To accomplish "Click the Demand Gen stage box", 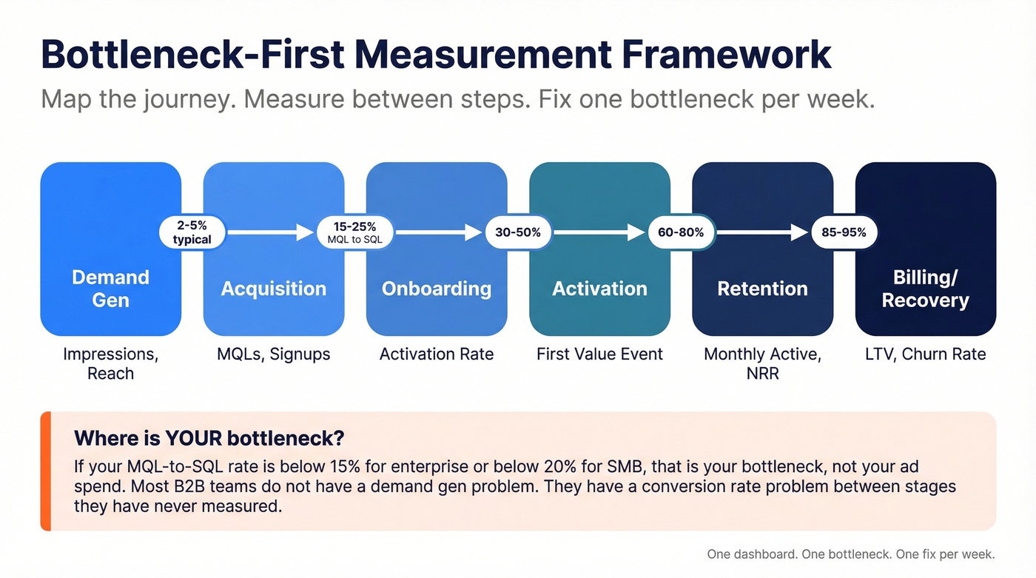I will pyautogui.click(x=111, y=289).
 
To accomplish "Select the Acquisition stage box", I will pyautogui.click(x=274, y=289).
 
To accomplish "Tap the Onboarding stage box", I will pyautogui.click(x=437, y=289).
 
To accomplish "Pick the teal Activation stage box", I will pyautogui.click(x=599, y=289).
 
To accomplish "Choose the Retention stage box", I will pyautogui.click(x=762, y=289).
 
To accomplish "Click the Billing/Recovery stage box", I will pyautogui.click(x=925, y=289).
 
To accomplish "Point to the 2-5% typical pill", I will pyautogui.click(x=192, y=232).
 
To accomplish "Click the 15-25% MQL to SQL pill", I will pyautogui.click(x=355, y=232).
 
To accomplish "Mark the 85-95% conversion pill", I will pyautogui.click(x=844, y=232).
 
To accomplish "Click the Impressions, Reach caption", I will pyautogui.click(x=111, y=363).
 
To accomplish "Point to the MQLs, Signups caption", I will pyautogui.click(x=274, y=354).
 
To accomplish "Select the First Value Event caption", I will pyautogui.click(x=599, y=354).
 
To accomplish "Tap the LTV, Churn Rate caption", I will pyautogui.click(x=925, y=354).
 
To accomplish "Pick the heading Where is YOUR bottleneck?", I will pyautogui.click(x=209, y=437).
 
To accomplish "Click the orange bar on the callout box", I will pyautogui.click(x=45, y=471).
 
